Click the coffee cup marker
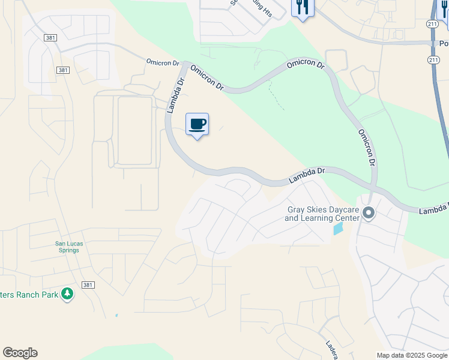[x=197, y=125]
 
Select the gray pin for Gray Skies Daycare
[x=369, y=213]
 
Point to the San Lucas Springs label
[x=67, y=247]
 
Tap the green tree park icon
[x=67, y=294]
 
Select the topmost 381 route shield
[x=50, y=37]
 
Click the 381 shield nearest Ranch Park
[x=87, y=285]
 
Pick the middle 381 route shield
[x=63, y=70]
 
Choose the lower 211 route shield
[x=433, y=61]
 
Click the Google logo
[x=20, y=352]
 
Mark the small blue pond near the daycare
[x=339, y=229]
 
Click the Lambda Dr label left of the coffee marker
[x=175, y=95]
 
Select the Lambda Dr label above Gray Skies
[x=306, y=175]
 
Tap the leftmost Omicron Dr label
[x=163, y=62]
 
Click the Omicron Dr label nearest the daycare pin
[x=367, y=148]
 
